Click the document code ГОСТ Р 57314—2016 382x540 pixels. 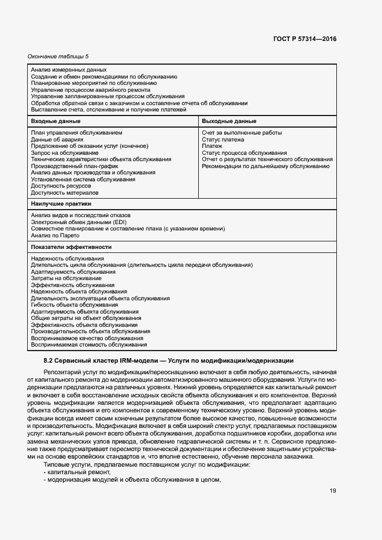304,39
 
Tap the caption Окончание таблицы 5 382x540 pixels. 58,56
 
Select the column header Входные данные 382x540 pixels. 55,121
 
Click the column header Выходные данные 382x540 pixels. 229,121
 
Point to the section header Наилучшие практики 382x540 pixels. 61,204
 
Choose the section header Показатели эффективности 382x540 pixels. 71,247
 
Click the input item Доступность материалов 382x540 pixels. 65,193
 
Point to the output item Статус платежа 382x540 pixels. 222,140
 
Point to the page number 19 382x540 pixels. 333,491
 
